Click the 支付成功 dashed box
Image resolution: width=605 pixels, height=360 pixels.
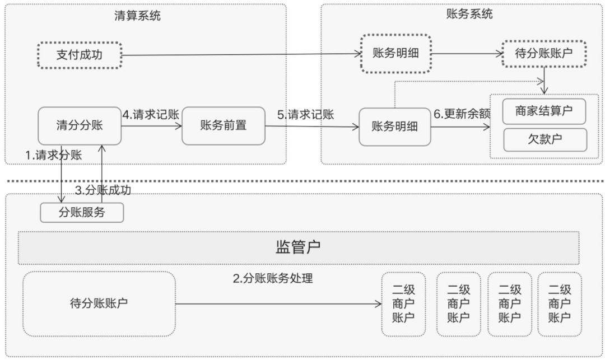pos(80,55)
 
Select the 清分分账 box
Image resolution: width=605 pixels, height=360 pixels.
pos(80,125)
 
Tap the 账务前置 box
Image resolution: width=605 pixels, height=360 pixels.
pos(224,125)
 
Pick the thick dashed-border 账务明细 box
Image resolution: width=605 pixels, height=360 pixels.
pos(396,53)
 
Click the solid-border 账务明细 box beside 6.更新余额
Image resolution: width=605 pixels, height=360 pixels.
pos(395,127)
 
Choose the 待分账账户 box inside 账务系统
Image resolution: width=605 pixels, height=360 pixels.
pos(544,53)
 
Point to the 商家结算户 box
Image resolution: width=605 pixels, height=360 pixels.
pos(544,111)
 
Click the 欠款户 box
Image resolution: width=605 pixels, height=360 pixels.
pos(545,139)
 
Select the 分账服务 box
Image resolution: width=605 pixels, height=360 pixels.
pos(82,212)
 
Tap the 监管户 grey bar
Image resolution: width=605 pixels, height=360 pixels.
pos(299,248)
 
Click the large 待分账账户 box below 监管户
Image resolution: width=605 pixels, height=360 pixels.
pos(99,303)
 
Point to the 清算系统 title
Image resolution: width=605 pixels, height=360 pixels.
pos(137,16)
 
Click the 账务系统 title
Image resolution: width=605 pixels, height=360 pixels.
pos(469,14)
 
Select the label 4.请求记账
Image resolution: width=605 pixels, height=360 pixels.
pos(151,114)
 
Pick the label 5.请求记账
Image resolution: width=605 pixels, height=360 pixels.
pos(306,114)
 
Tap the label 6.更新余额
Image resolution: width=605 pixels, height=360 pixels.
pos(462,114)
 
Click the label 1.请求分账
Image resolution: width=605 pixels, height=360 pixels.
pos(54,155)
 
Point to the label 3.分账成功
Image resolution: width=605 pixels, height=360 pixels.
pos(103,190)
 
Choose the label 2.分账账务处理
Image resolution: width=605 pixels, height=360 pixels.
pos(273,278)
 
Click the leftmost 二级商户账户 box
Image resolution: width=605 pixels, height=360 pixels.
pos(403,304)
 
